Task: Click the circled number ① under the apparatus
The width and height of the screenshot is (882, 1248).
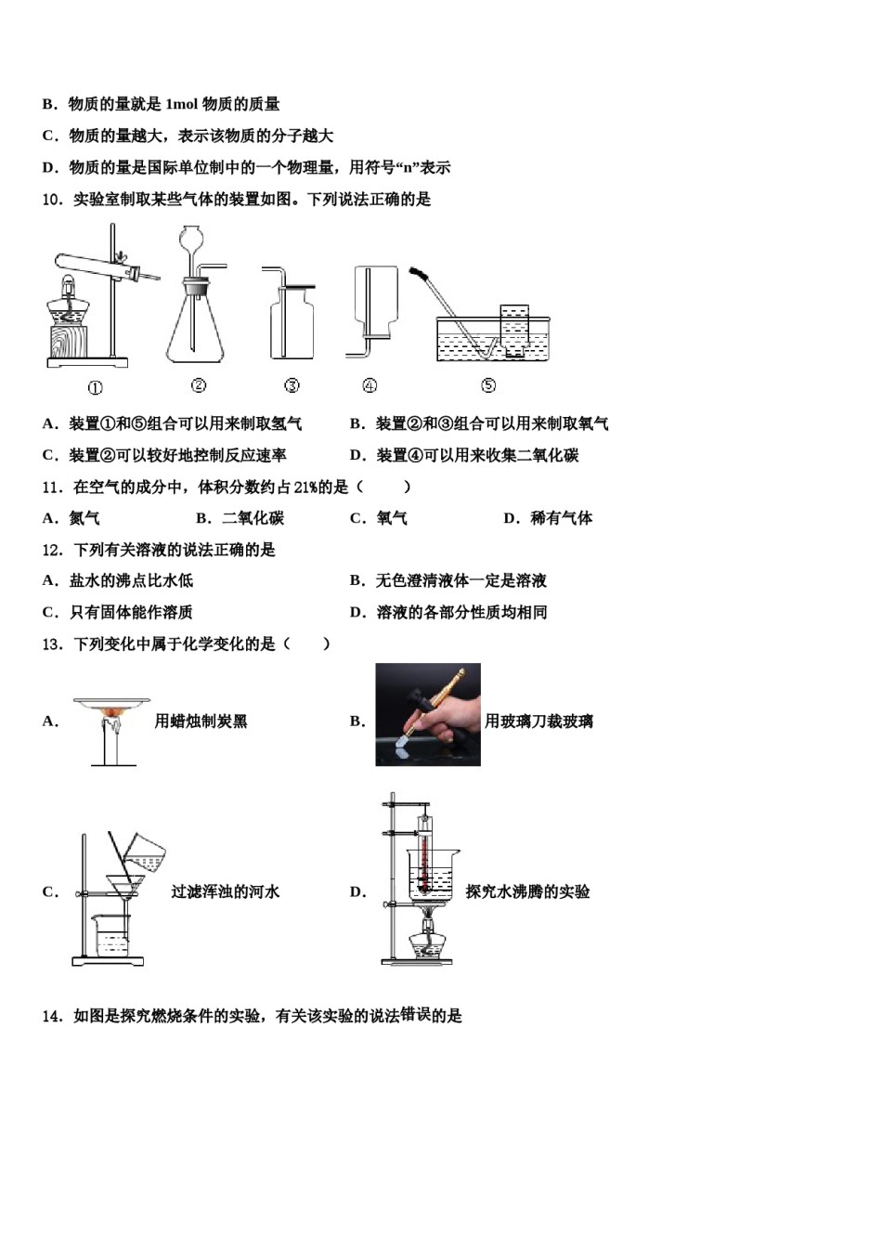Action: (95, 388)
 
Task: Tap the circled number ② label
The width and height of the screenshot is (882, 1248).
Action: (198, 385)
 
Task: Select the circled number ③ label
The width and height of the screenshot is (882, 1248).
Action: (292, 385)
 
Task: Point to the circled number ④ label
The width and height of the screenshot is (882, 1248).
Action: (370, 385)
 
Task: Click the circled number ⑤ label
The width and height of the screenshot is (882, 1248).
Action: (488, 385)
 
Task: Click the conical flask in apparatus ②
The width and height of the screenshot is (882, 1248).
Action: (195, 330)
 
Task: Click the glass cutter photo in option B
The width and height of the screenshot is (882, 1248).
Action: (427, 714)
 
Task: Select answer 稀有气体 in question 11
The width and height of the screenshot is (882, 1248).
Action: (561, 518)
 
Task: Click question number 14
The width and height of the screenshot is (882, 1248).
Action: (52, 1016)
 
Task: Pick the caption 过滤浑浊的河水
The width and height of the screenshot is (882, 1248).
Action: (225, 891)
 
